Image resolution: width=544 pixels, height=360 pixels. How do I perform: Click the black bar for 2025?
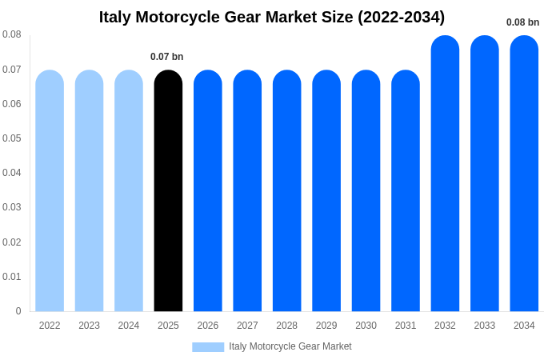coord(168,192)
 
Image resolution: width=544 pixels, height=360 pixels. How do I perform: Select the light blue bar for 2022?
coord(50,192)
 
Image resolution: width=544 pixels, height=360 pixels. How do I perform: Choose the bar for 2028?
coord(286,192)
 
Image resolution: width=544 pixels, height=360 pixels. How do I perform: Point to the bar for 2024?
coord(129,192)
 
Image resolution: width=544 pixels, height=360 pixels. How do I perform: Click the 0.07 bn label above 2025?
coord(166,57)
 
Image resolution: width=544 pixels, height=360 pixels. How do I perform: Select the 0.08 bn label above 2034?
coord(522,22)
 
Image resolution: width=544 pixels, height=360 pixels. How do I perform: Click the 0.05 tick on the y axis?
coord(12,138)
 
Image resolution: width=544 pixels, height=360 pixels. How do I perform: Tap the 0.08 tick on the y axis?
coord(12,34)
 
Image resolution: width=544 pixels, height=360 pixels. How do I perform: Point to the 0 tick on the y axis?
coord(18,311)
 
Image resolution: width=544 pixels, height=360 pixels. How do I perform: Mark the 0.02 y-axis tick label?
coord(12,242)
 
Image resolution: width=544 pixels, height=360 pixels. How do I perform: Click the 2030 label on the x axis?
coord(366,326)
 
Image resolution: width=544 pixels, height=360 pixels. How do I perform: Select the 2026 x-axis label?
coord(208,326)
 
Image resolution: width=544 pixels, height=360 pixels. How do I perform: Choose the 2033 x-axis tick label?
coord(485,326)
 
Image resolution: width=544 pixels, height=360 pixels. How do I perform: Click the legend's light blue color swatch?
coord(208,347)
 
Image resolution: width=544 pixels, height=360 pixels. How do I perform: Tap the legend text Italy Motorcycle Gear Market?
coord(290,346)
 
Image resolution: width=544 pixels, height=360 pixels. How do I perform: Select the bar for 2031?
coord(406,192)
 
